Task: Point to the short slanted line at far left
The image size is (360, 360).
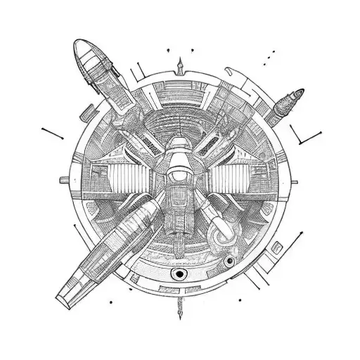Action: (x=53, y=131)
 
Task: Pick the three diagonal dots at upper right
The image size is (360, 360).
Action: (x=269, y=56)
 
